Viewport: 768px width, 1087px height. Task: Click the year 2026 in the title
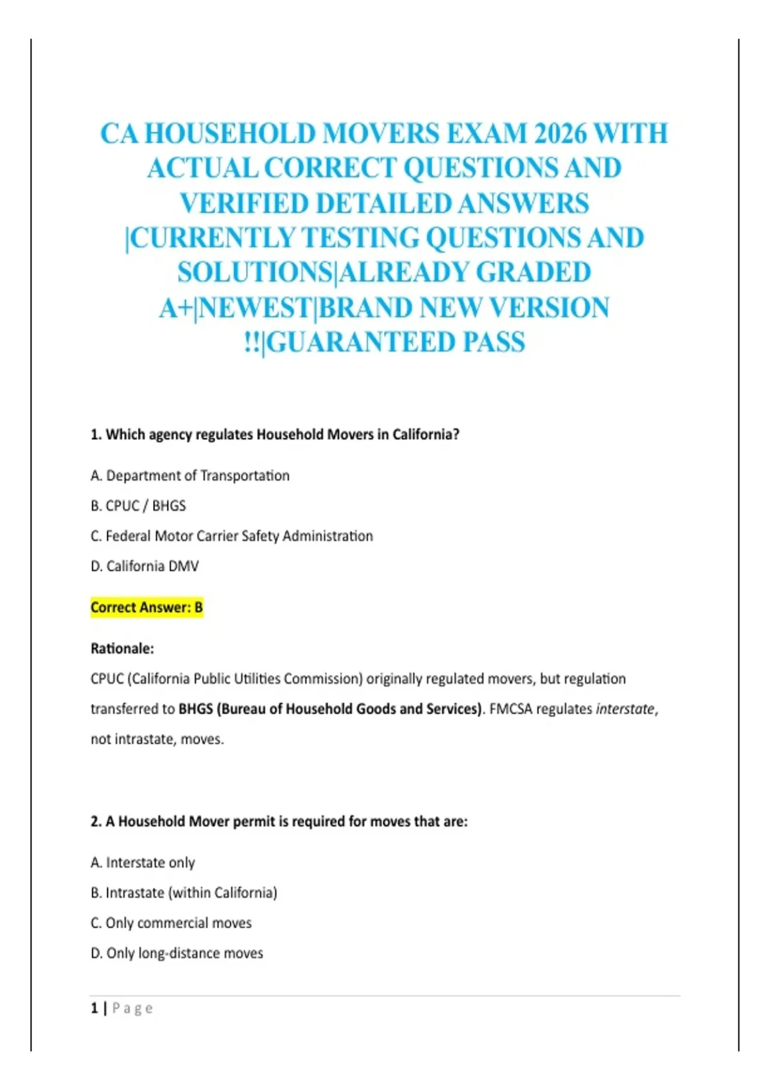(560, 134)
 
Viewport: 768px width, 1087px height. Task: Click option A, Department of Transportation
(190, 476)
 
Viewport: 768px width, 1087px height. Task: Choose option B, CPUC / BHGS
(138, 506)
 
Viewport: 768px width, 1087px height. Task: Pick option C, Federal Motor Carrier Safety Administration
(232, 536)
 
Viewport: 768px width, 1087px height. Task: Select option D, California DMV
(145, 566)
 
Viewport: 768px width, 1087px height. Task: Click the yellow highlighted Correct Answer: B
(147, 607)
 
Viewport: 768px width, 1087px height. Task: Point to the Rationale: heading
(122, 648)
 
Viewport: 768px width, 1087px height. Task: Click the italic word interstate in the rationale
(625, 708)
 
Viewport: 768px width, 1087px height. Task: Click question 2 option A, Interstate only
(143, 863)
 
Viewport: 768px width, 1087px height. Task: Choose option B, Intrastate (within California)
(184, 893)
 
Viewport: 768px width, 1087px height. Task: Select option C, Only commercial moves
(171, 923)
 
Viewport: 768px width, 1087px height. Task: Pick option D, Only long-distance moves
(177, 953)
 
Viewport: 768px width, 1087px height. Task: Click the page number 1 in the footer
(95, 1008)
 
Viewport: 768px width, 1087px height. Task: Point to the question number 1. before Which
(96, 435)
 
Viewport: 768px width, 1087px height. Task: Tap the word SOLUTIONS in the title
(255, 272)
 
